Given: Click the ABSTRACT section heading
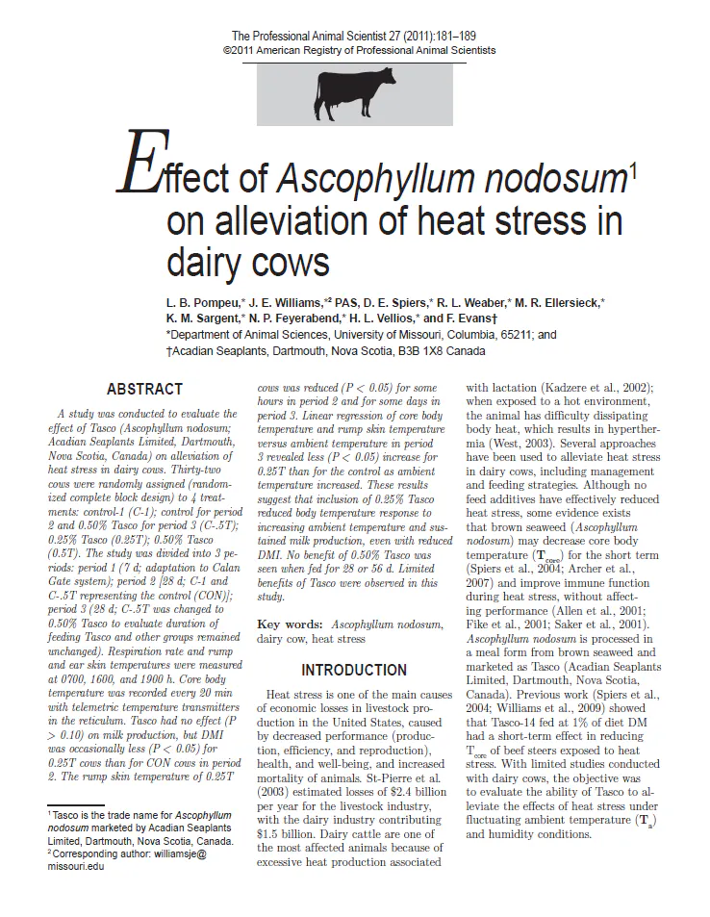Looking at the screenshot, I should pyautogui.click(x=144, y=390).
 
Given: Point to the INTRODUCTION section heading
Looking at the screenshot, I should pyautogui.click(x=354, y=670).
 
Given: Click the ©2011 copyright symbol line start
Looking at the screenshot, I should pyautogui.click(x=228, y=49).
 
